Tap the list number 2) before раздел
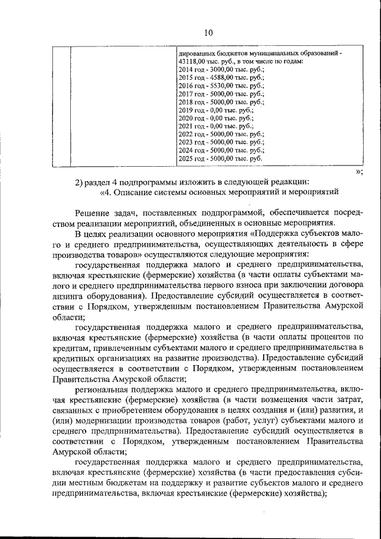point(81,182)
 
